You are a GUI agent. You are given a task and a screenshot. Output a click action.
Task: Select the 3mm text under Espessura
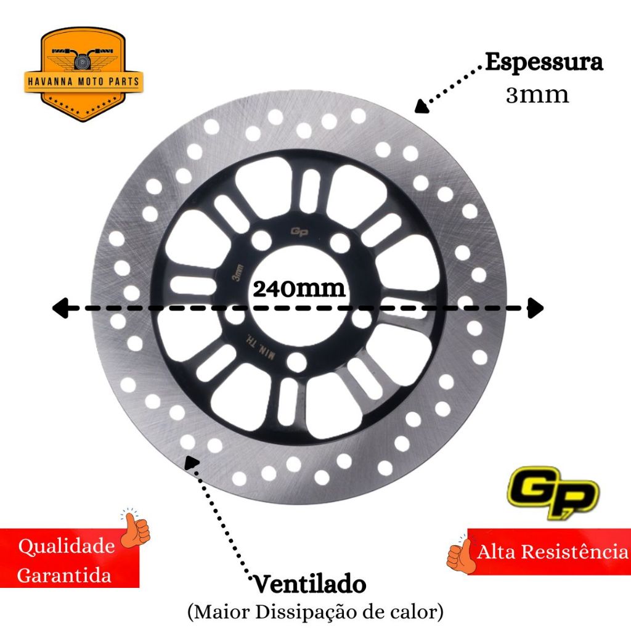pos(537,96)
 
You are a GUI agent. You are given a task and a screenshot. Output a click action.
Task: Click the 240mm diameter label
pos(299,289)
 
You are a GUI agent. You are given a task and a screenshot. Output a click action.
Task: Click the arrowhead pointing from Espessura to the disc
pos(421,107)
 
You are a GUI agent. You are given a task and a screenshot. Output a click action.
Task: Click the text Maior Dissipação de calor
pos(315,612)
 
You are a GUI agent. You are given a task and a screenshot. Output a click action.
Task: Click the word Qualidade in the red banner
pos(67,547)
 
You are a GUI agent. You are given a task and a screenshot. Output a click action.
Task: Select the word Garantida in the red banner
pos(65,576)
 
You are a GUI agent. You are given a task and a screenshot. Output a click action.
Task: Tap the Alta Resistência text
pos(552,552)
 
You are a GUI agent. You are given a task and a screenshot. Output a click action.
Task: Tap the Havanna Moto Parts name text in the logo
pos(83,81)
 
